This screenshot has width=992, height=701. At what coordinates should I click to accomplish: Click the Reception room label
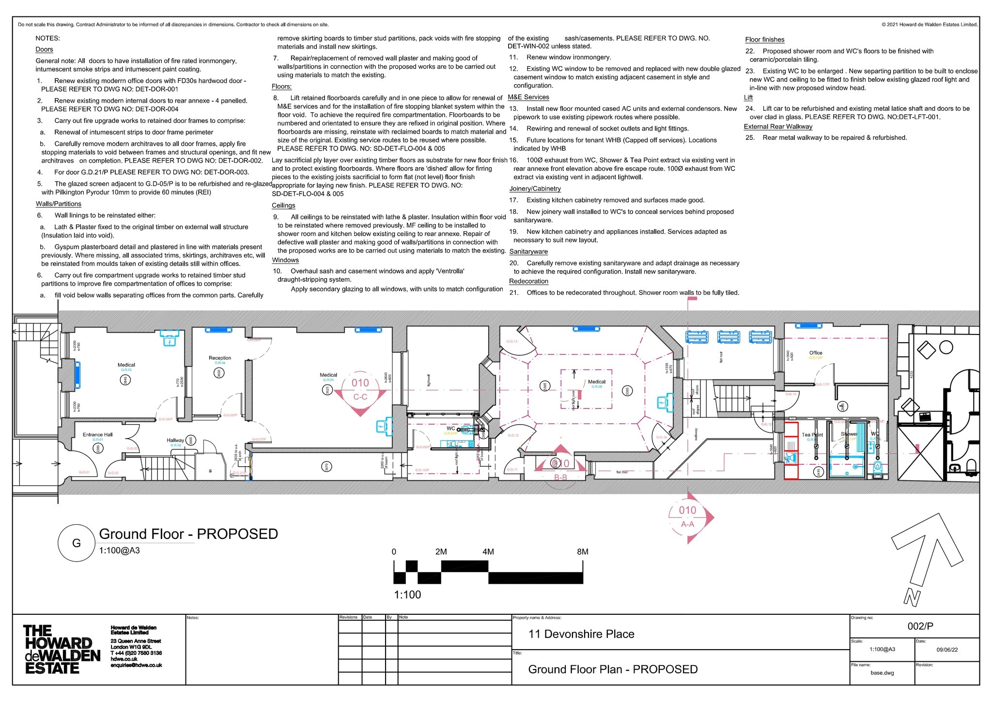[219, 358]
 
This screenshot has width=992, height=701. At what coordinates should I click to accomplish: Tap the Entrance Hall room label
[97, 435]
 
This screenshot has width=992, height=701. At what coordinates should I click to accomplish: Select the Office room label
[816, 353]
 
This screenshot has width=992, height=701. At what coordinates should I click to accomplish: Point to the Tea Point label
[812, 435]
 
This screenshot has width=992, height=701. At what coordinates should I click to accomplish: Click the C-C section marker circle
[360, 390]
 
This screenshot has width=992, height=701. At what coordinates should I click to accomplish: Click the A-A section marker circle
[687, 517]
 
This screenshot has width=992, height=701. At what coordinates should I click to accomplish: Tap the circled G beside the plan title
[77, 543]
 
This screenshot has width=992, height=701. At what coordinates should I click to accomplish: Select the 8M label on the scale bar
[582, 552]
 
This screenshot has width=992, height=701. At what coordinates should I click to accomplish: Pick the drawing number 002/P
[920, 626]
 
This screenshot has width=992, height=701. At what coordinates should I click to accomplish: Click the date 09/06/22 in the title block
[947, 650]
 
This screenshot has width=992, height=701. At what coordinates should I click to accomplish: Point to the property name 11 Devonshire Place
[581, 634]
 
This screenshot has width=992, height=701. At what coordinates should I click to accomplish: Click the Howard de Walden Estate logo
[62, 649]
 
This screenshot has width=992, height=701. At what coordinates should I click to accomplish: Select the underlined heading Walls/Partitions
[59, 204]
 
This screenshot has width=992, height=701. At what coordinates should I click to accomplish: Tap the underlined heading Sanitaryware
[528, 252]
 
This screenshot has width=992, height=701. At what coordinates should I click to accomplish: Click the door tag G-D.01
[84, 472]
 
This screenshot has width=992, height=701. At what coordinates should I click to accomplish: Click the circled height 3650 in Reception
[219, 373]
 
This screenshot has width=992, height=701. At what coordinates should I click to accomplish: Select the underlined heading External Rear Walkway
[778, 127]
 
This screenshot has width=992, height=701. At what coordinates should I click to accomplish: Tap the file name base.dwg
[882, 673]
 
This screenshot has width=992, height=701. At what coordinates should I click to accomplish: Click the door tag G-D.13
[512, 341]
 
